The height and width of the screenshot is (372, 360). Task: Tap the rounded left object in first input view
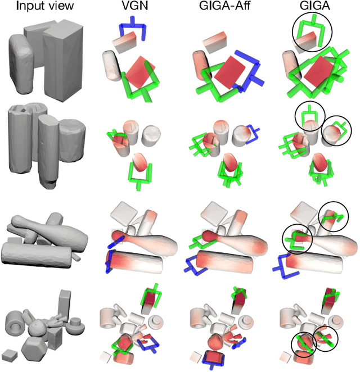click(21, 63)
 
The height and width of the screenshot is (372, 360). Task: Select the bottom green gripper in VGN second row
click(139, 173)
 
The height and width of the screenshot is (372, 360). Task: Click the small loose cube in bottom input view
click(10, 355)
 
